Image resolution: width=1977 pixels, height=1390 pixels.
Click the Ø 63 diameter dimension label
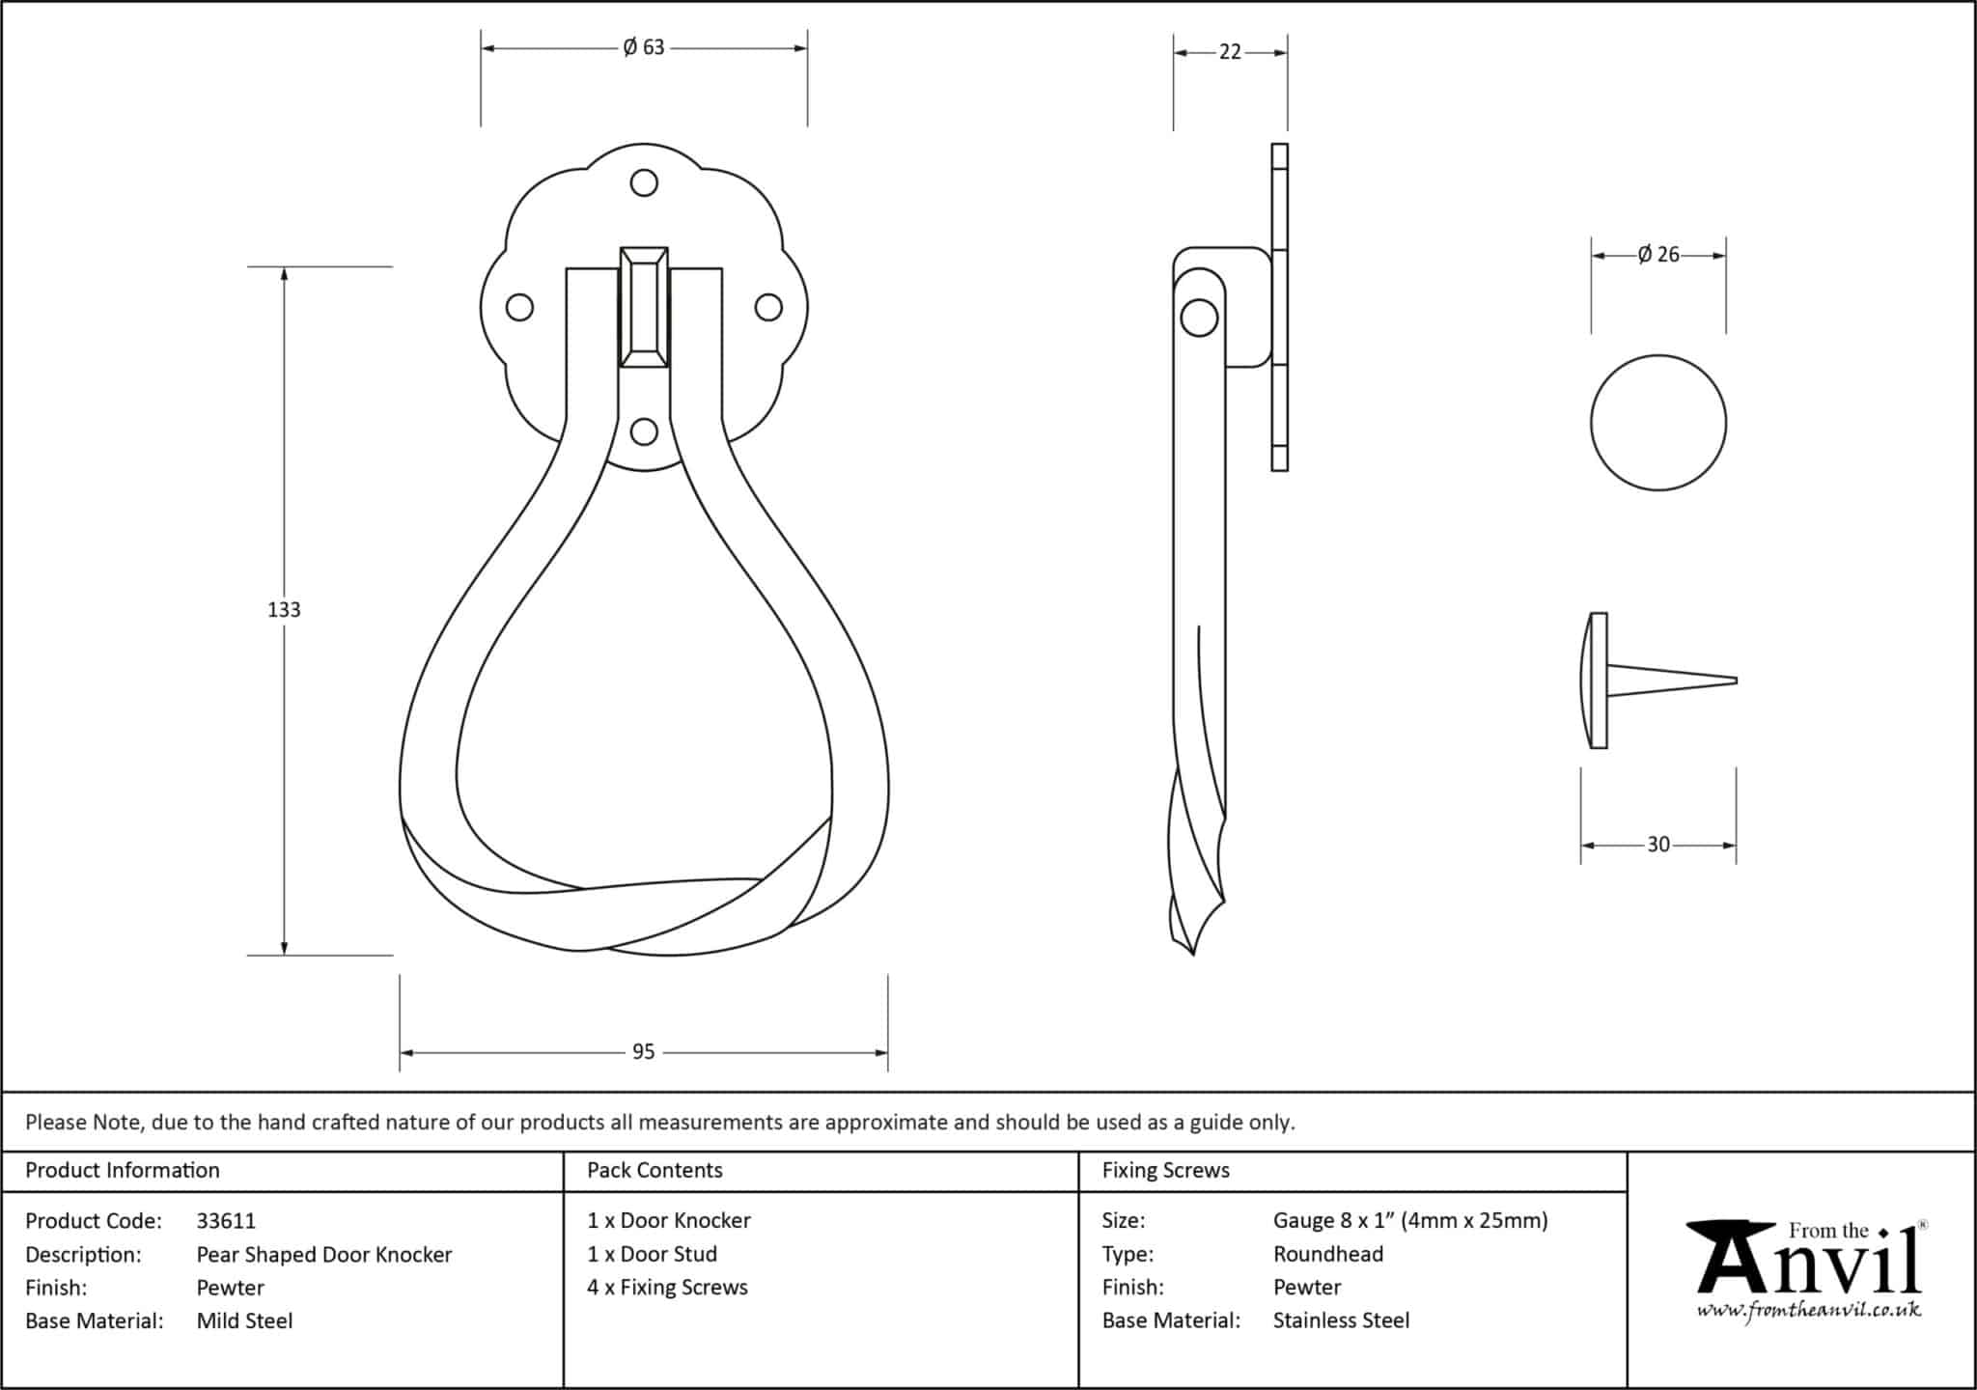pyautogui.click(x=644, y=47)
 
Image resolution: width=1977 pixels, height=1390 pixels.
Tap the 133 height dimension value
pyautogui.click(x=284, y=609)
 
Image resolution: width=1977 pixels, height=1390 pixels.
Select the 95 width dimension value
pyautogui.click(x=644, y=1052)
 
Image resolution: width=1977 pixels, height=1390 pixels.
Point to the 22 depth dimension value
pyautogui.click(x=1230, y=52)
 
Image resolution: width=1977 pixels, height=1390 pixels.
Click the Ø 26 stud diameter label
pyautogui.click(x=1658, y=255)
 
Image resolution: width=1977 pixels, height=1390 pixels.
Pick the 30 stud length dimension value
pyautogui.click(x=1658, y=845)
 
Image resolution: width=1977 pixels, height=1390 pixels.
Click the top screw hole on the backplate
pyautogui.click(x=644, y=182)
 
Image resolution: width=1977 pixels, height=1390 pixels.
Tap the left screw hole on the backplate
pyautogui.click(x=519, y=307)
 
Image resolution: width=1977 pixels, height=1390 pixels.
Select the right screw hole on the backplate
pyautogui.click(x=768, y=307)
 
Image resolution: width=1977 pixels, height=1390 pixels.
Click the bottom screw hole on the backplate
pyautogui.click(x=644, y=431)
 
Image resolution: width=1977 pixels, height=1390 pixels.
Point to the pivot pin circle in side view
pyautogui.click(x=1199, y=318)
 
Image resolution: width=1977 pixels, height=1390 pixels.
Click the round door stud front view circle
pyautogui.click(x=1658, y=423)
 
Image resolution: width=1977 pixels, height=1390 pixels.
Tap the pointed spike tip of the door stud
pyautogui.click(x=1736, y=681)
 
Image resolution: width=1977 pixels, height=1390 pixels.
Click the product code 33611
pyautogui.click(x=226, y=1221)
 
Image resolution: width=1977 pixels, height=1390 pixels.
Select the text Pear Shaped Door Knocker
pyautogui.click(x=324, y=1255)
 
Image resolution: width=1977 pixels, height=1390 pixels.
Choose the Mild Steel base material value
pyautogui.click(x=244, y=1320)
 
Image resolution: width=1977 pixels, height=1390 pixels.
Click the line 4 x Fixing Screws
pyautogui.click(x=667, y=1288)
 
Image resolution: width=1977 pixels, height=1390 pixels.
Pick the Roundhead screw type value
pyautogui.click(x=1328, y=1254)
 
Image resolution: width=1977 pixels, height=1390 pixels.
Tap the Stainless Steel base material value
pyautogui.click(x=1341, y=1320)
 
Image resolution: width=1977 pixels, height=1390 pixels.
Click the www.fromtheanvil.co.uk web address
pyautogui.click(x=1809, y=1310)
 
